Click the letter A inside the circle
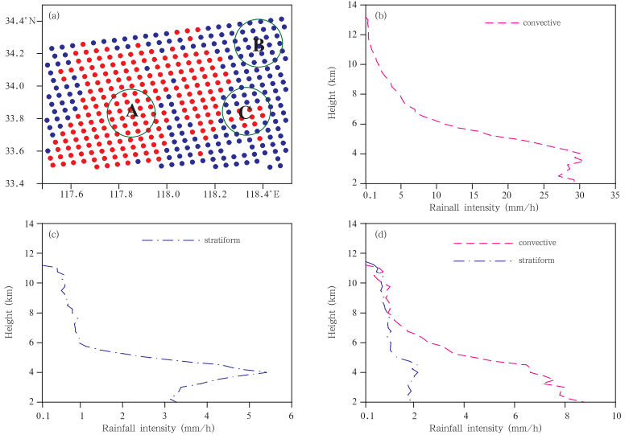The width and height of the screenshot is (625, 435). (x=130, y=113)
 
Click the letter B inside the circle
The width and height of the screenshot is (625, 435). (x=259, y=45)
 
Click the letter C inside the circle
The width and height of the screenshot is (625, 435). (x=244, y=113)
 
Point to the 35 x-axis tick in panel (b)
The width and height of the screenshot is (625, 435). (x=615, y=194)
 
